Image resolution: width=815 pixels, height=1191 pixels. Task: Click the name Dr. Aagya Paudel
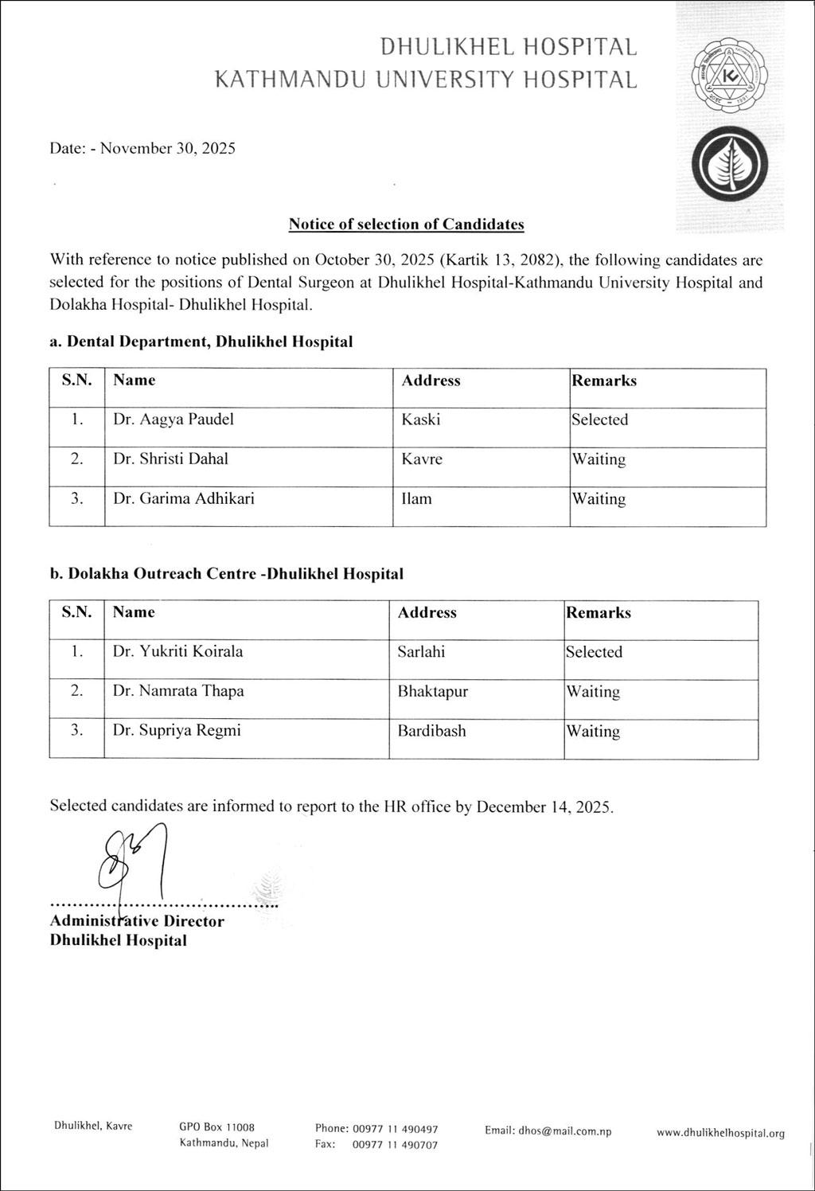point(174,420)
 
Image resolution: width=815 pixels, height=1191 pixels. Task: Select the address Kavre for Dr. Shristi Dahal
point(422,459)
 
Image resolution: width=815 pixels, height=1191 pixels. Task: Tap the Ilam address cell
point(416,499)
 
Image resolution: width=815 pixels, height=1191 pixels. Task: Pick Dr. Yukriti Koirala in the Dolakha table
point(177,651)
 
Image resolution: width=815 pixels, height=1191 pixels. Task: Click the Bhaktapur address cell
point(432,691)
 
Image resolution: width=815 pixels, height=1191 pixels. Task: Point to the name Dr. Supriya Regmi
point(177,730)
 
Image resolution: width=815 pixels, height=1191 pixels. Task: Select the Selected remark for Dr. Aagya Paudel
point(599,420)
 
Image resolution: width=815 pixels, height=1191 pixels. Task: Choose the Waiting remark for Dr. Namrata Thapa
point(593,691)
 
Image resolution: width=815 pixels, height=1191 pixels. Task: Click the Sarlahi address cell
point(421,651)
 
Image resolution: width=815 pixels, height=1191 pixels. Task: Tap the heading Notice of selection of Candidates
point(406,224)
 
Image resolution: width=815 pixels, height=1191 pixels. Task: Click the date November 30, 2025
point(164,148)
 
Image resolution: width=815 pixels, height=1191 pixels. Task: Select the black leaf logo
point(729,165)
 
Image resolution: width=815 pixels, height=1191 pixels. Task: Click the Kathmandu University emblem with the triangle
point(729,78)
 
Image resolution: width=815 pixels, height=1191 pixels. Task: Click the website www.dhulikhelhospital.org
point(720,1133)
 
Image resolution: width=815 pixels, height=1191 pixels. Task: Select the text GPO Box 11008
point(216,1127)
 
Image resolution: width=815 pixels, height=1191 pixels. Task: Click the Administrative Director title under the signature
point(137,921)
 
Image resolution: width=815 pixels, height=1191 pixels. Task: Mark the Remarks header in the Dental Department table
point(604,381)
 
